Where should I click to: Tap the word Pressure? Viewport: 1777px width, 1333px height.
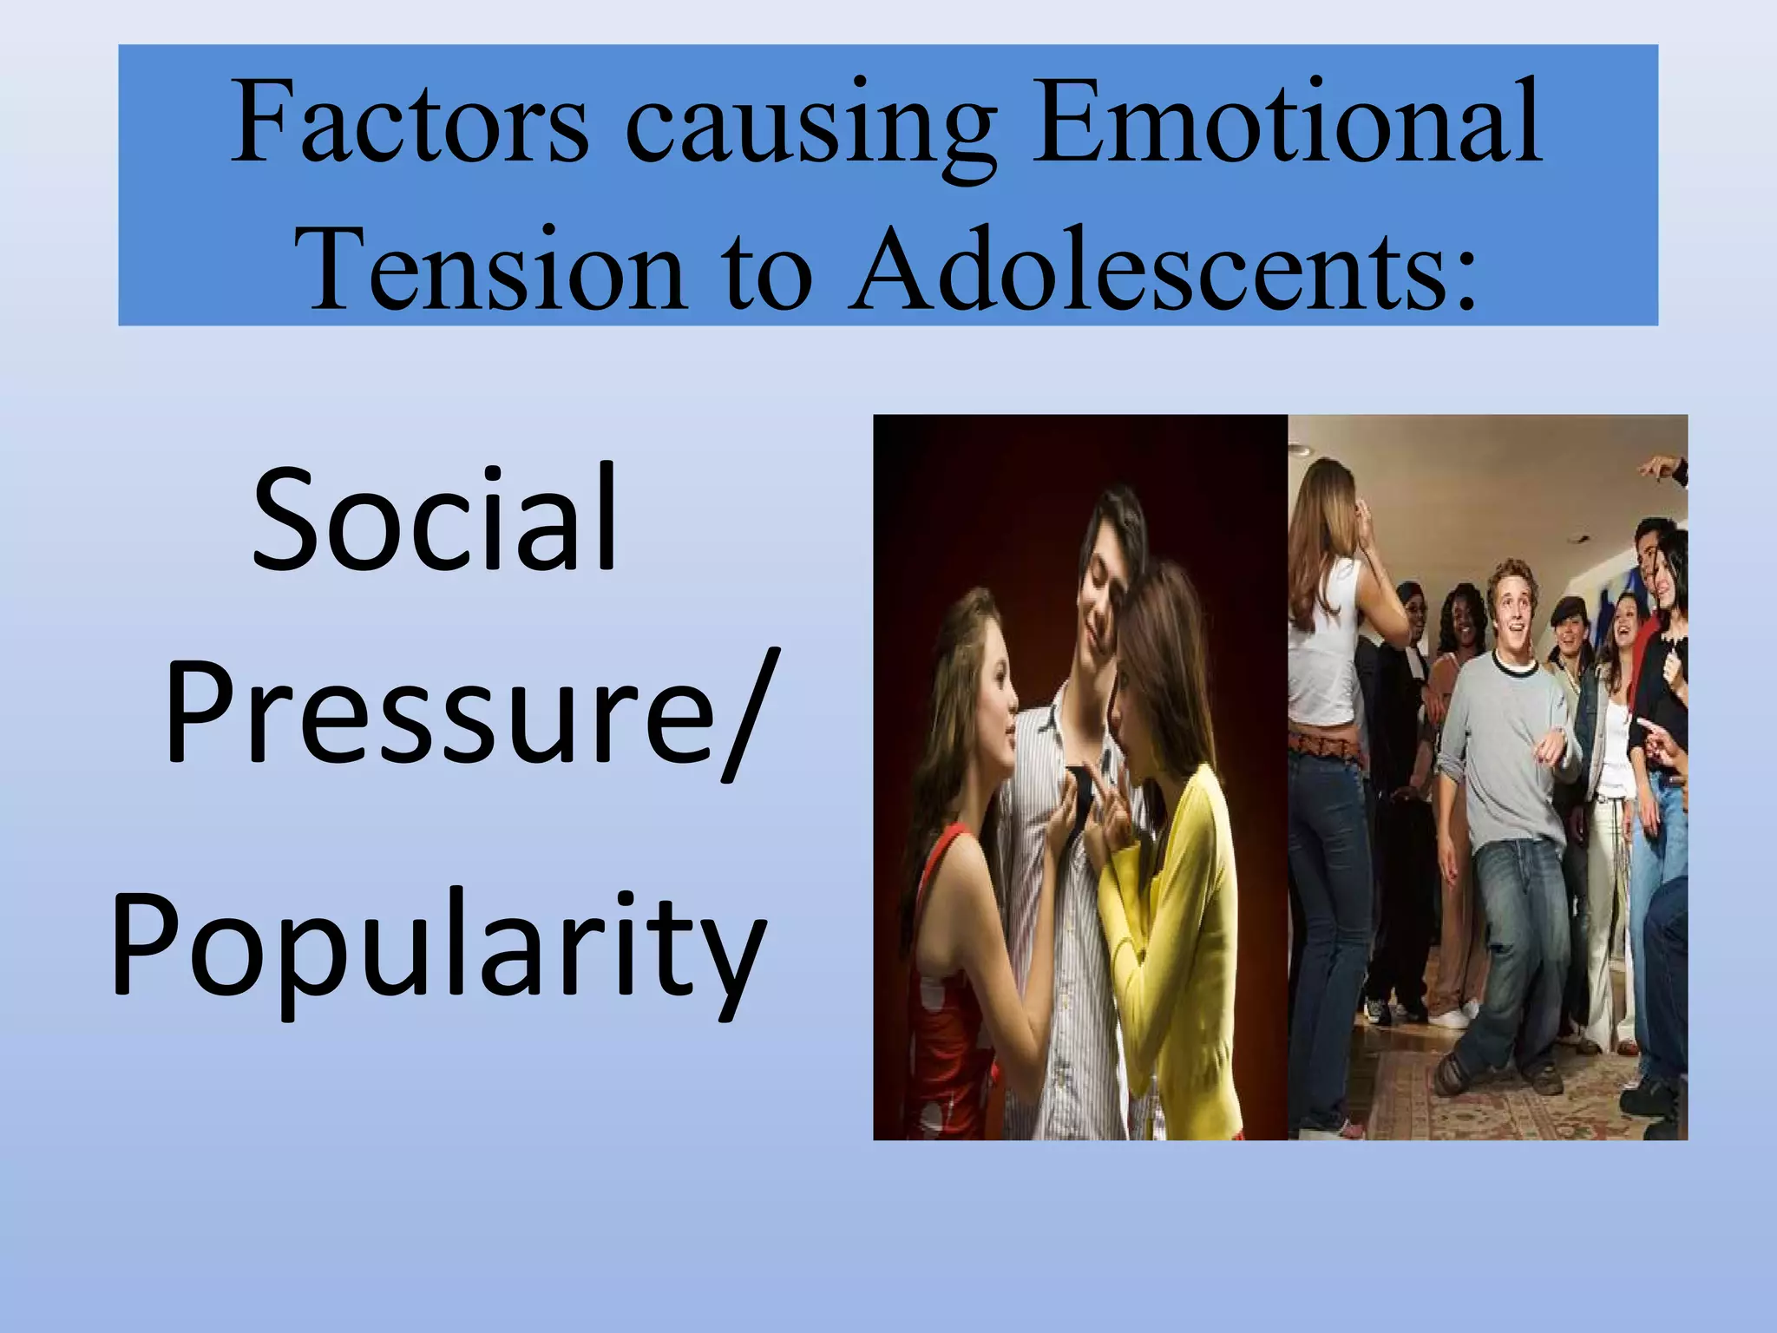[x=440, y=711]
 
